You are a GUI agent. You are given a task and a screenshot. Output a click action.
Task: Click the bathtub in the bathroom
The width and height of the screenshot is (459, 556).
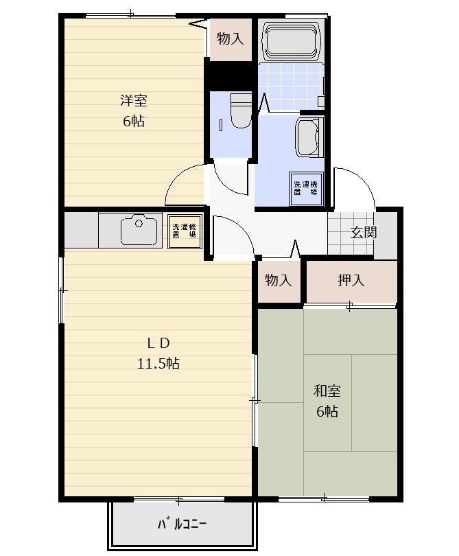click(x=291, y=42)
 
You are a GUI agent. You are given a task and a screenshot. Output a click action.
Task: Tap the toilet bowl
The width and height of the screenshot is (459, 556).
click(x=241, y=111)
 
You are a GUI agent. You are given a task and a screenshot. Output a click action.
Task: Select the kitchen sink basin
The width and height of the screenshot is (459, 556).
click(x=139, y=230)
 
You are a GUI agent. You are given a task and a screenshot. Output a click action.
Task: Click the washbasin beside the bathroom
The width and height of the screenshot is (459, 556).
click(x=309, y=137)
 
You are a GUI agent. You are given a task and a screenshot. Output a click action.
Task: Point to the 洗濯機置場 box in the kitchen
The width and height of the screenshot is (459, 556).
click(x=185, y=231)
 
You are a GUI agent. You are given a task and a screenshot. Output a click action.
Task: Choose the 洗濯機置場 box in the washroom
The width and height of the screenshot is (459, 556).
click(x=306, y=188)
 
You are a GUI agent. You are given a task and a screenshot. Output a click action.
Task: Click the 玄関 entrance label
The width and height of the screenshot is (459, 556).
click(x=363, y=232)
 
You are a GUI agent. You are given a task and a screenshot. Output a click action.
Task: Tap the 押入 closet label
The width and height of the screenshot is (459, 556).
click(x=351, y=280)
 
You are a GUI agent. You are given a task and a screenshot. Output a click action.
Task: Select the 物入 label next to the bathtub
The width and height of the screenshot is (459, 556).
click(x=231, y=38)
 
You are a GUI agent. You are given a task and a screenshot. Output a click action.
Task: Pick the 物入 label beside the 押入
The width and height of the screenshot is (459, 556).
click(x=279, y=280)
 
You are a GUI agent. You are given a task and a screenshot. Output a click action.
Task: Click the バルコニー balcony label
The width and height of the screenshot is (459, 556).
click(x=183, y=523)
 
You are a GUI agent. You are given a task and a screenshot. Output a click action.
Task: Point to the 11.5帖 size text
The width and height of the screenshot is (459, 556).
click(x=158, y=363)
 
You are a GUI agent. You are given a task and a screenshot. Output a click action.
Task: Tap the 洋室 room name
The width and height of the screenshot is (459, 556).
click(x=134, y=101)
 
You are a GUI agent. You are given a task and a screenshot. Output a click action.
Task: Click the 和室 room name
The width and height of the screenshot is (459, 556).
click(x=327, y=391)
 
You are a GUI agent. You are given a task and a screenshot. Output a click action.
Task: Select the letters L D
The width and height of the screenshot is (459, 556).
click(x=158, y=343)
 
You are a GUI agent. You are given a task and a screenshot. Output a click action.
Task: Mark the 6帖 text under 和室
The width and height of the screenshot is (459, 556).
click(x=327, y=411)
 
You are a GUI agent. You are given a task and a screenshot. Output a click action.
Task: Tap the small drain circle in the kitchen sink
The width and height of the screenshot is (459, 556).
click(x=139, y=223)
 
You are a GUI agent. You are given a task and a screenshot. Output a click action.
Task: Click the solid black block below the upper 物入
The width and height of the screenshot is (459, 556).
click(x=229, y=76)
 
